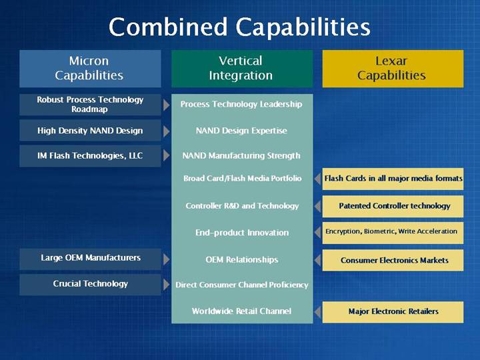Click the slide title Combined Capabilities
239,27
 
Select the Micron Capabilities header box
90,69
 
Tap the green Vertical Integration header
242,69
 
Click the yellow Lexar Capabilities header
393,69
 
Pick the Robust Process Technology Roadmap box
90,105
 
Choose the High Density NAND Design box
90,131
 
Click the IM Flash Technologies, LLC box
90,156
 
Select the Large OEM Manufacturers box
90,259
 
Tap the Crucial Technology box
90,285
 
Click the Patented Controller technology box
393,206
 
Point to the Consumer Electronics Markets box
393,260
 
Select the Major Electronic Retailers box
393,312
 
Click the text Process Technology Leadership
241,105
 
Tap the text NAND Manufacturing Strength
241,156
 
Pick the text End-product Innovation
242,233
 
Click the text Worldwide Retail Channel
241,311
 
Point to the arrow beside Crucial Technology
166,285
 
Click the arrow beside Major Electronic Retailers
317,312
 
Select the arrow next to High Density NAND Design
166,131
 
